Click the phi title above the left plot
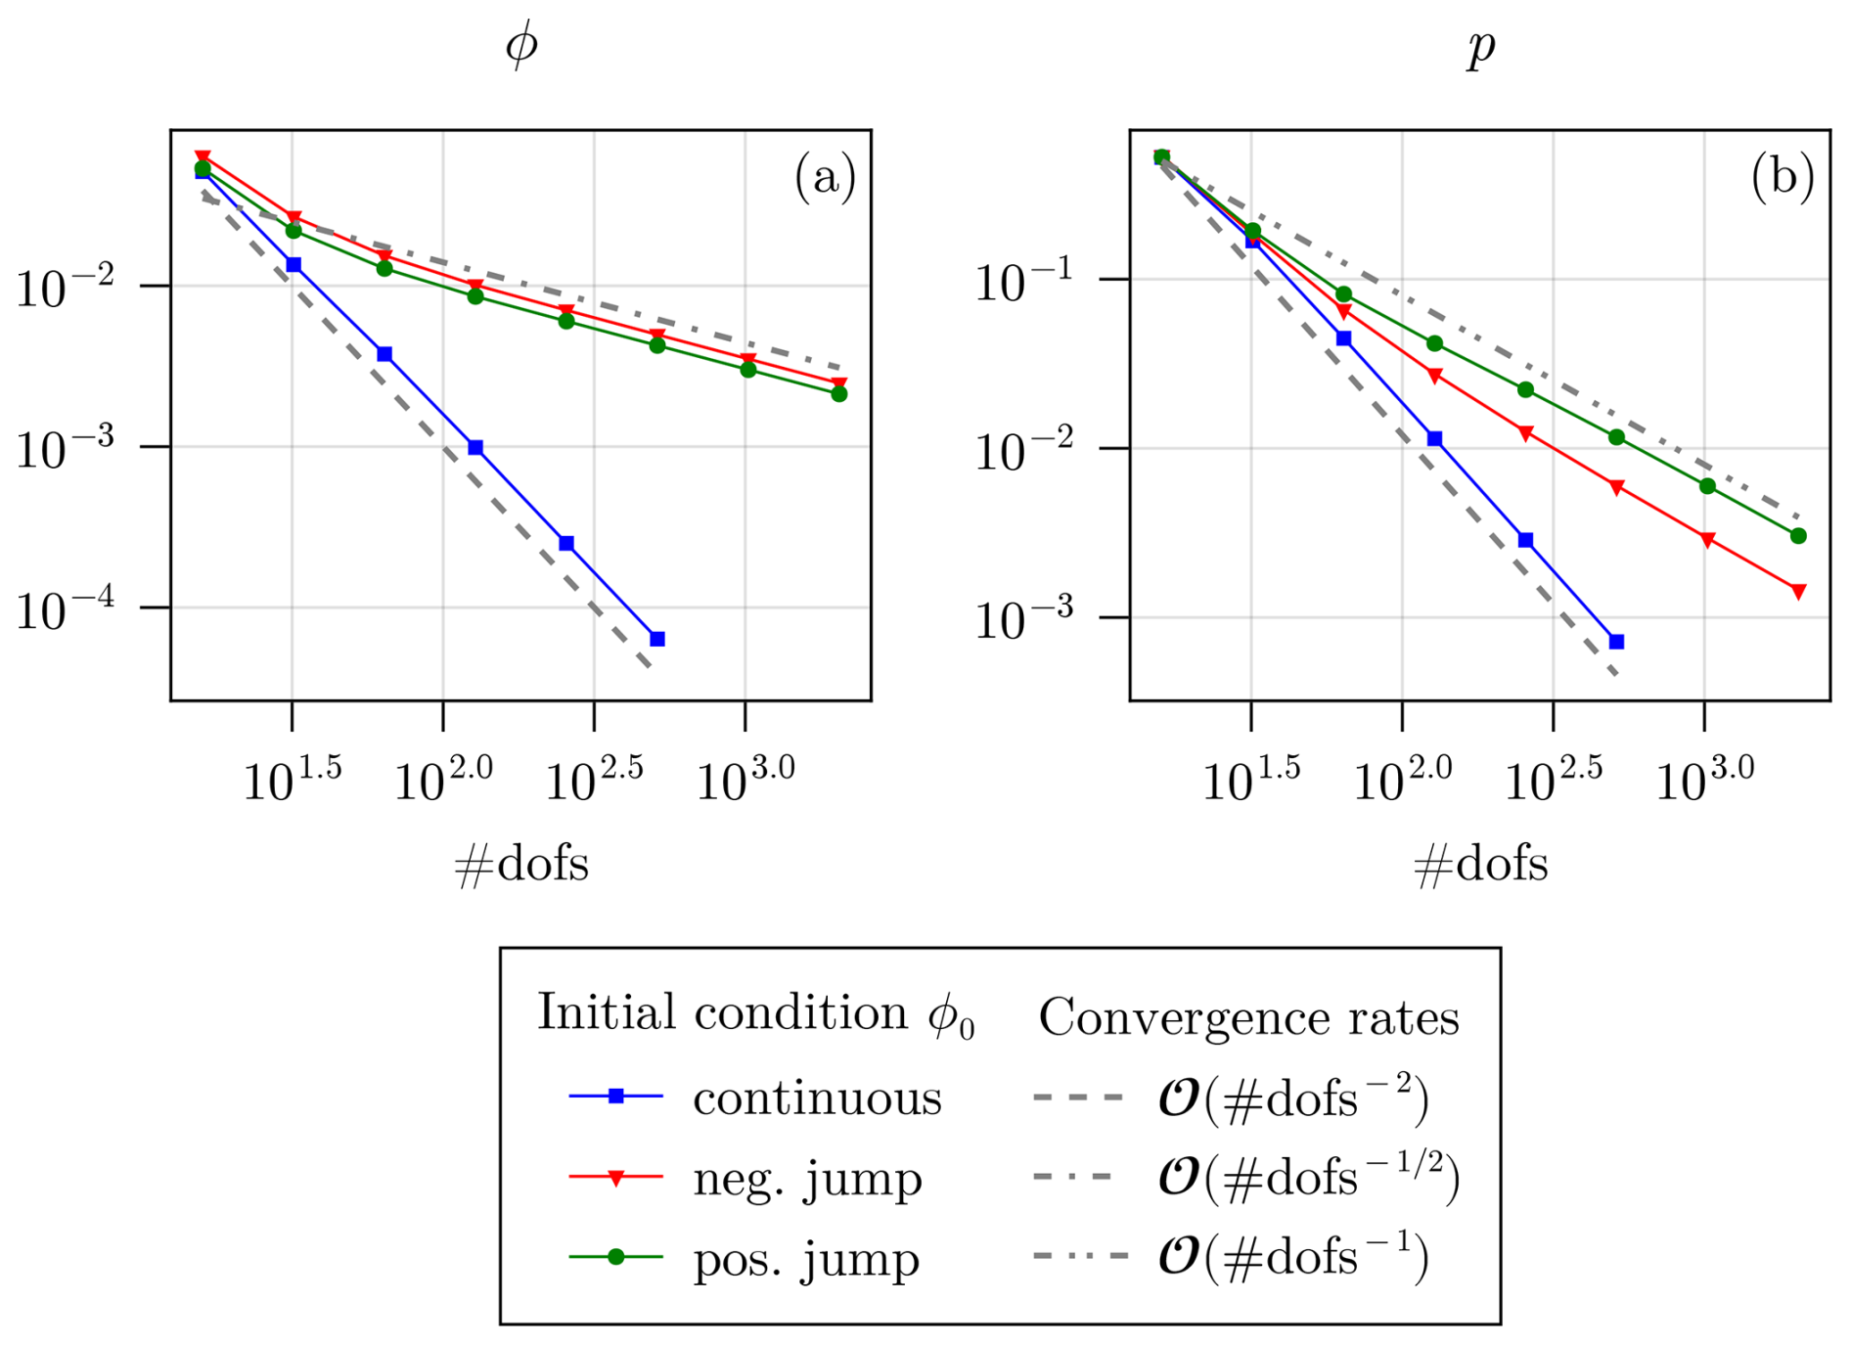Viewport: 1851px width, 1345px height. coord(521,45)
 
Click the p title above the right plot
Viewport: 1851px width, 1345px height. coord(1481,47)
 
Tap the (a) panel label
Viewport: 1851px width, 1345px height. coord(825,178)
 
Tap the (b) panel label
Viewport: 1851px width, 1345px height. coord(1783,178)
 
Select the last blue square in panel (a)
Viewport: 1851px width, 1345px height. coord(657,639)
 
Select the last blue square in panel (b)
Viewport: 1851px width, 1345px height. coord(1616,642)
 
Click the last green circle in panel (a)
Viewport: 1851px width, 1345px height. coord(838,393)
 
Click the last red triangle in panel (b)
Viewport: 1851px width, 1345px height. coord(1798,591)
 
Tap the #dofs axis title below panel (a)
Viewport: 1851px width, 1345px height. coord(521,865)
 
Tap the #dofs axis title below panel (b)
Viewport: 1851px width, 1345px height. coord(1480,865)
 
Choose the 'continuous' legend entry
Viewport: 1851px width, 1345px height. coord(817,1098)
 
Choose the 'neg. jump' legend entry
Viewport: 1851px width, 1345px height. coord(807,1178)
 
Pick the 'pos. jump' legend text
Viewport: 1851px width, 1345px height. coord(806,1258)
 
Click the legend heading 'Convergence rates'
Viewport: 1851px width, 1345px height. coord(1248,1017)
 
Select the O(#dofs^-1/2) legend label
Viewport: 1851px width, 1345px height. coord(1308,1178)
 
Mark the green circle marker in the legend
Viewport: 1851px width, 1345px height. coord(616,1257)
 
